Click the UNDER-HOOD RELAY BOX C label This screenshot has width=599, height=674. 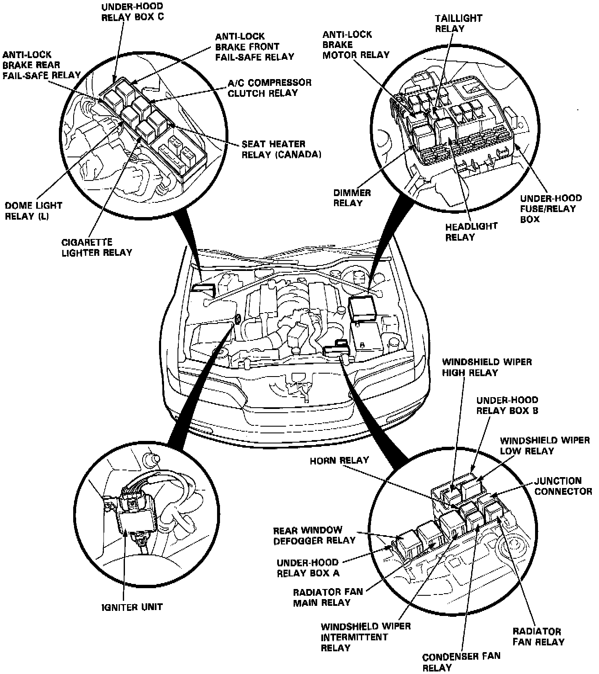coord(132,12)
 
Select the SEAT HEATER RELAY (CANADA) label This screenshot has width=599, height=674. coord(281,149)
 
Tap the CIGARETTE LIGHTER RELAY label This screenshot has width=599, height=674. coord(97,247)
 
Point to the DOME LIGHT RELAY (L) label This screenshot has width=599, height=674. coord(34,211)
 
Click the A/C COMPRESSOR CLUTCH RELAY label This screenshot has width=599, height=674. coord(269,88)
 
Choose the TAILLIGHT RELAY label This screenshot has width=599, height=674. coord(458,23)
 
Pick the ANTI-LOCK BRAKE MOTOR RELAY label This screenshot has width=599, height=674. coord(355,44)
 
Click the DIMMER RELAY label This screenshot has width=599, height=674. coord(352,198)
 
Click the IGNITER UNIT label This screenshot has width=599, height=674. coord(132,607)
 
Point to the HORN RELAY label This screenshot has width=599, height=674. coord(339,460)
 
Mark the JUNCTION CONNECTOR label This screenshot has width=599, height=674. coord(563,486)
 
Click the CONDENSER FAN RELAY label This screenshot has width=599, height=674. coord(461,662)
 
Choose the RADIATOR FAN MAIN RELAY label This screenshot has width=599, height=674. coord(328,597)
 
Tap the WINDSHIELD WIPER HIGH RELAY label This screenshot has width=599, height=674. coord(487,367)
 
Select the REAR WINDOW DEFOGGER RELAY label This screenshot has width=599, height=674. coord(314,535)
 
